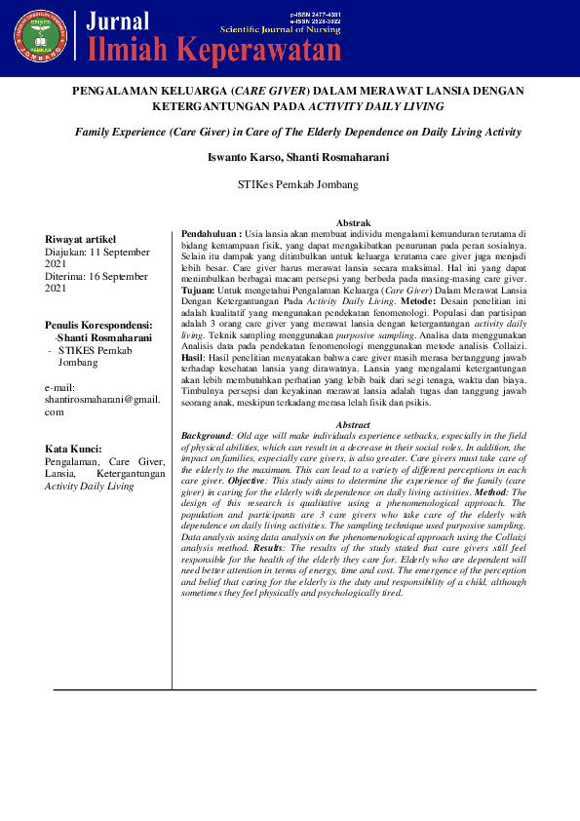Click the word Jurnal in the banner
[x=118, y=21]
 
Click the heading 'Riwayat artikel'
[x=81, y=239]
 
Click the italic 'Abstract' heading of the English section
[x=353, y=424]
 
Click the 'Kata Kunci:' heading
[x=74, y=449]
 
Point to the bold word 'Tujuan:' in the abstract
[x=200, y=290]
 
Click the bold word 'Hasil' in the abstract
[x=192, y=359]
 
